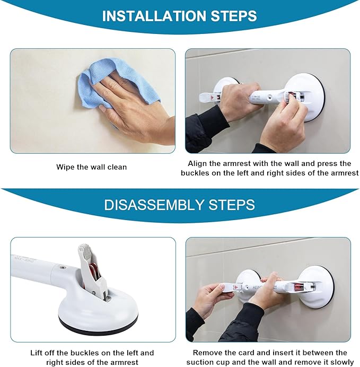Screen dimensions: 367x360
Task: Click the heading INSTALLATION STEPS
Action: click(x=180, y=15)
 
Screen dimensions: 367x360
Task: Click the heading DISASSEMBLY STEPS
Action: click(x=180, y=205)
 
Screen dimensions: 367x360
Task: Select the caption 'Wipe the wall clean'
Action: click(x=92, y=167)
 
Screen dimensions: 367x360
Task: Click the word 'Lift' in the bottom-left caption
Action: click(x=39, y=353)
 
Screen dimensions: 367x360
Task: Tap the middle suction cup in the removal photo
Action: click(x=247, y=281)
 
